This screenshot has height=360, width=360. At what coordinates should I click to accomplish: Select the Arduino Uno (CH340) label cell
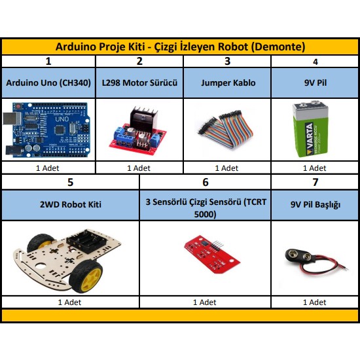click(x=48, y=82)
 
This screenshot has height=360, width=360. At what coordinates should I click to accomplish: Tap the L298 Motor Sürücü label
click(x=139, y=82)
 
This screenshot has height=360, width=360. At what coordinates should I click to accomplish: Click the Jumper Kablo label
click(x=228, y=82)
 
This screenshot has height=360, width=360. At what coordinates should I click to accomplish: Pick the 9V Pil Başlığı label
click(x=315, y=205)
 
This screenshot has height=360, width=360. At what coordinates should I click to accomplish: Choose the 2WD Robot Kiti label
click(x=71, y=204)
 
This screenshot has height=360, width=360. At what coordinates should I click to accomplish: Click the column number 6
click(x=206, y=182)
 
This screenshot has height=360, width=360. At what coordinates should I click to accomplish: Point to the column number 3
click(x=227, y=61)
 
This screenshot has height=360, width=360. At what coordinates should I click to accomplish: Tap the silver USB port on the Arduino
click(x=12, y=119)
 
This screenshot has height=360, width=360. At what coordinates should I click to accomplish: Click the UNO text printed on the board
click(x=62, y=119)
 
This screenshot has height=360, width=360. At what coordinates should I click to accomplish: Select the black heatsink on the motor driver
click(x=143, y=119)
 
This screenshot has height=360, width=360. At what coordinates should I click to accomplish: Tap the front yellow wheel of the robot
click(x=86, y=277)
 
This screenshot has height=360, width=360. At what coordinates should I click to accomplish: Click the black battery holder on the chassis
click(x=86, y=241)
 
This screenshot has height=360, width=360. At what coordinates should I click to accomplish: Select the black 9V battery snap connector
click(x=298, y=256)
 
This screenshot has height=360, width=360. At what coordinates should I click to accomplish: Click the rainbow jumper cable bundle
click(x=226, y=129)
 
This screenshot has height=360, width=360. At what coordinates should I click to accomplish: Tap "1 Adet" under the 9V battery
click(x=314, y=168)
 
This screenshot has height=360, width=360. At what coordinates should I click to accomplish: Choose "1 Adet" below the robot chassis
click(x=69, y=302)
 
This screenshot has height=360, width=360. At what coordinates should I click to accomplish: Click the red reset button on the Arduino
click(x=18, y=106)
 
